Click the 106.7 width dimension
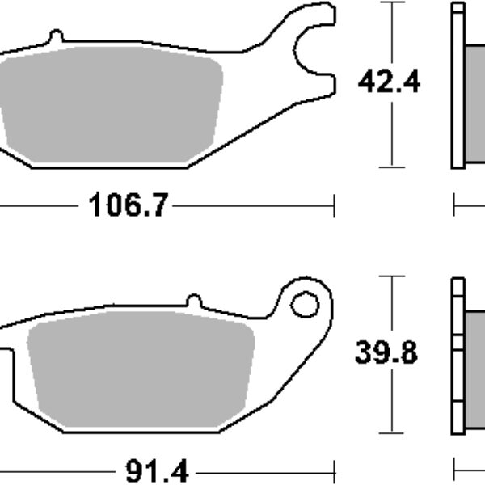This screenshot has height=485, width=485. [x=124, y=205]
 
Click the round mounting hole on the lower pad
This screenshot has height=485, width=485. [x=305, y=305]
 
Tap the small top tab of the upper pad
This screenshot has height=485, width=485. [x=55, y=37]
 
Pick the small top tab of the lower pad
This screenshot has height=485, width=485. [x=193, y=300]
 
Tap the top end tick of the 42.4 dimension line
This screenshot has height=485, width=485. [x=392, y=2]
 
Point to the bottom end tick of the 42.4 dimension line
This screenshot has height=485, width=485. [x=392, y=167]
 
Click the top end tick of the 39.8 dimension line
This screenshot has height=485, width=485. [x=392, y=276]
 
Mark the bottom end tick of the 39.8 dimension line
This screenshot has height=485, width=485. [x=392, y=431]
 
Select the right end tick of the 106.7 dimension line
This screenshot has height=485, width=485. [x=333, y=206]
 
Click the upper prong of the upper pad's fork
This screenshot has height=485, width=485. [x=319, y=15]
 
